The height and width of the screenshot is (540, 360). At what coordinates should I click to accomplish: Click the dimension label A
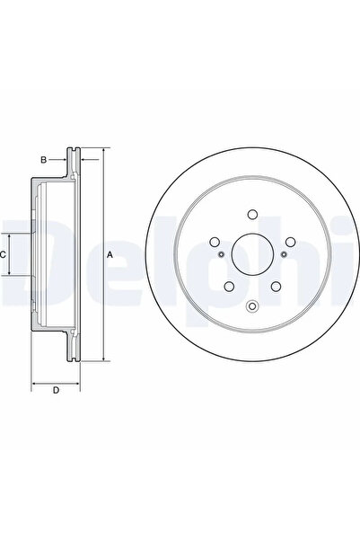(x=110, y=256)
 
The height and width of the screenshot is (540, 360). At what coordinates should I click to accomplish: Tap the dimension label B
(x=42, y=161)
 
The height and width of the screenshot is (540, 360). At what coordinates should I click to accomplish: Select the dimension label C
(x=4, y=255)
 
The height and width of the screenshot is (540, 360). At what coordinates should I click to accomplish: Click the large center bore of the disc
(x=251, y=255)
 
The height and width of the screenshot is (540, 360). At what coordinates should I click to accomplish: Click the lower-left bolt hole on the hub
(x=229, y=287)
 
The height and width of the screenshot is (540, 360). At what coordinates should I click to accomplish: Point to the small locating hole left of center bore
(x=220, y=255)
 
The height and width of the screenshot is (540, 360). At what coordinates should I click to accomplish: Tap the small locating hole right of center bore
(x=284, y=255)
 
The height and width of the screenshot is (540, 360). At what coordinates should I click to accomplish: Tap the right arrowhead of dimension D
(x=76, y=385)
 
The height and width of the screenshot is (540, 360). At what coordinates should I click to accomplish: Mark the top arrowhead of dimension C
(x=11, y=232)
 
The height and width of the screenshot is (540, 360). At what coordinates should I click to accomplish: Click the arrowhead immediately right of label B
(x=64, y=161)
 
